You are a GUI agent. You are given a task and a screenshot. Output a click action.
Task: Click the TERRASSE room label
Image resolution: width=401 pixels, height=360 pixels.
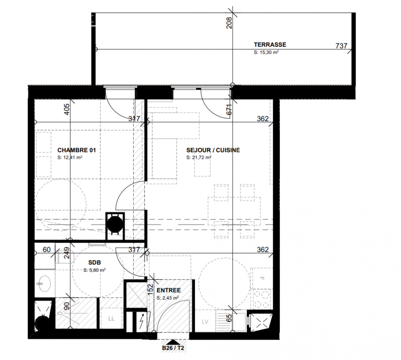270,45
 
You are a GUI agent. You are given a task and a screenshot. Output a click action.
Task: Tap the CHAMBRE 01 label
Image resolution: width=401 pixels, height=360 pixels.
77,150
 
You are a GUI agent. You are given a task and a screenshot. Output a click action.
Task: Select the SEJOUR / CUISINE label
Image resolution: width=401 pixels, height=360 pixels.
213,150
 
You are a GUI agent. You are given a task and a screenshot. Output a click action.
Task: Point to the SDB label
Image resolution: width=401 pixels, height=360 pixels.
95,262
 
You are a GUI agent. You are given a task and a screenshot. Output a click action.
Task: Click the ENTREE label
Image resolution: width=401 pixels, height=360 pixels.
168,290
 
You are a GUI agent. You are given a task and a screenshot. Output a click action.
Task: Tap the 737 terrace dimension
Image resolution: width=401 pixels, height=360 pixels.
342,46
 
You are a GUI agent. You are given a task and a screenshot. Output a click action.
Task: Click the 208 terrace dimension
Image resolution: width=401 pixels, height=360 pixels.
229,23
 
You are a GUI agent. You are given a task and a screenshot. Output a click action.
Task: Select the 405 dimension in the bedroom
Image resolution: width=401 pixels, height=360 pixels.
66,109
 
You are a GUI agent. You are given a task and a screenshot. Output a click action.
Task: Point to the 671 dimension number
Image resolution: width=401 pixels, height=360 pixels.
229,109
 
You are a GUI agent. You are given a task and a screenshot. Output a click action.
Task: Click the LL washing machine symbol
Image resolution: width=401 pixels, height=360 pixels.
111,319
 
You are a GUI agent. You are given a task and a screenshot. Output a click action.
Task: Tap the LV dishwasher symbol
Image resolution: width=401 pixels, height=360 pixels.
205,322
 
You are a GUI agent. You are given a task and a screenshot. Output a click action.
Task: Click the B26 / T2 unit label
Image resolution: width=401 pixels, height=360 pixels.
173,348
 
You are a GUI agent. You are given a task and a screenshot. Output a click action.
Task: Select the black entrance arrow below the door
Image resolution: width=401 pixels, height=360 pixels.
173,342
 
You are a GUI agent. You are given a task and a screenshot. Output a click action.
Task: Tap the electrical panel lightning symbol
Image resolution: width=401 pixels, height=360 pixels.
141,321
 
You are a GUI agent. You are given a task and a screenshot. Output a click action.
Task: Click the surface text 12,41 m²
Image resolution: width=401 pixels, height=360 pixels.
70,157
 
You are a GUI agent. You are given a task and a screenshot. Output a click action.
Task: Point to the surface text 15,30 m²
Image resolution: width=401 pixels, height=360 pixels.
266,52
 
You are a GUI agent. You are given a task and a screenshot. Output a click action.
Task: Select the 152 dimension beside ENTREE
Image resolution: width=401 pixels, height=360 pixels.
150,290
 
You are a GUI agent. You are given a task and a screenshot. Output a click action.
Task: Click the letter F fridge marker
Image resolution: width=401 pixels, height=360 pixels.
261,279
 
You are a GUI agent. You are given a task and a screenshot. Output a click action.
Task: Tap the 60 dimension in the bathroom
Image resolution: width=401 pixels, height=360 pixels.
46,250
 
